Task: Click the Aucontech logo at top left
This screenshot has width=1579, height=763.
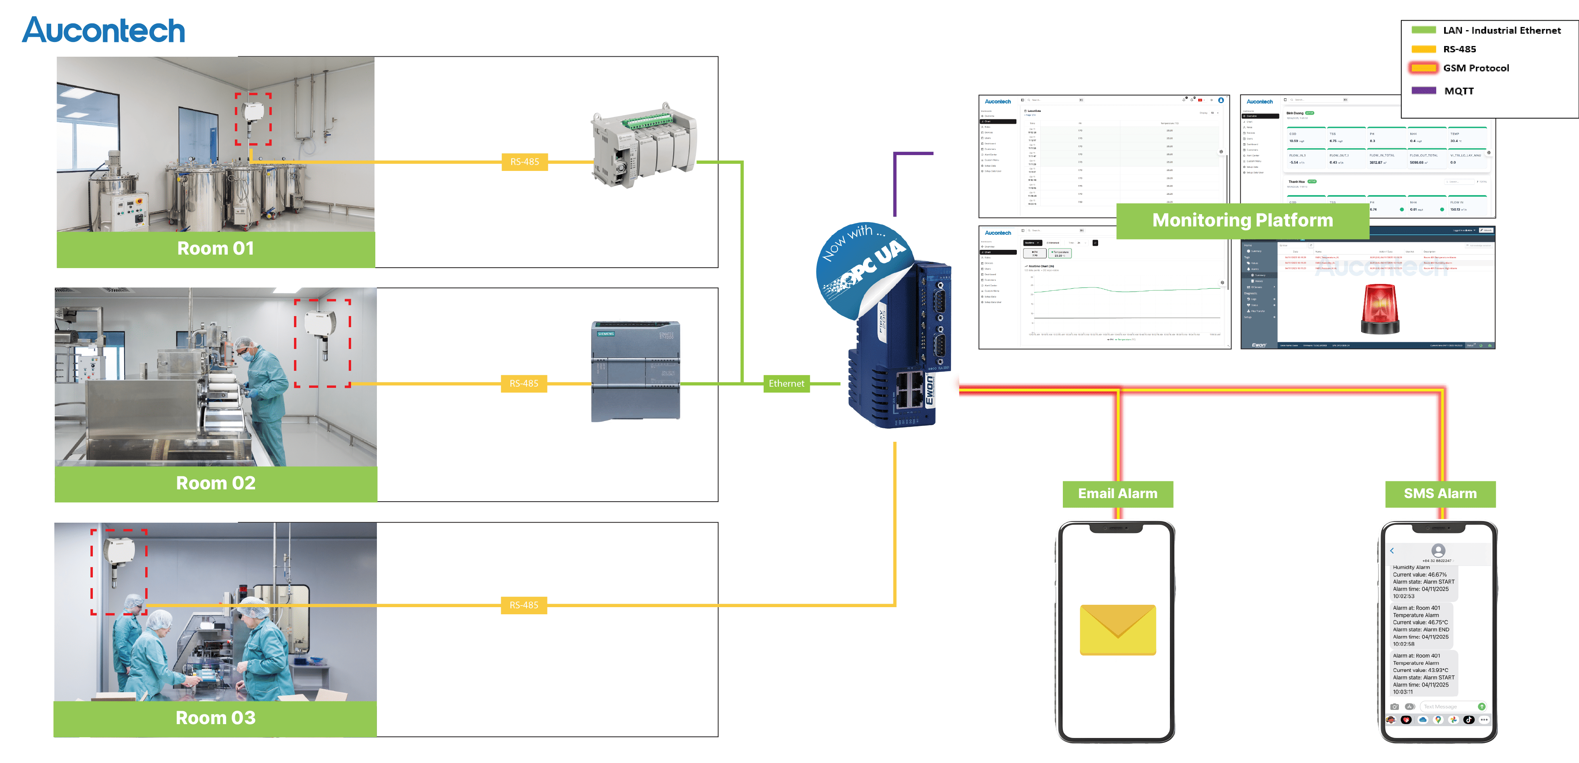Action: click(x=103, y=30)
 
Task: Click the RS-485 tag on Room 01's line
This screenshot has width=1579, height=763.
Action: click(x=525, y=162)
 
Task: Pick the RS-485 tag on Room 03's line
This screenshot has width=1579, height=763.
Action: click(x=524, y=605)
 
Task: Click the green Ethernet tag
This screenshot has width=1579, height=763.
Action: click(x=786, y=383)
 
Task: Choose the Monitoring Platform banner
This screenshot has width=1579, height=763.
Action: click(x=1243, y=220)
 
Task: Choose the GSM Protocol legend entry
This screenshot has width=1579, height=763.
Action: click(x=1475, y=68)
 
